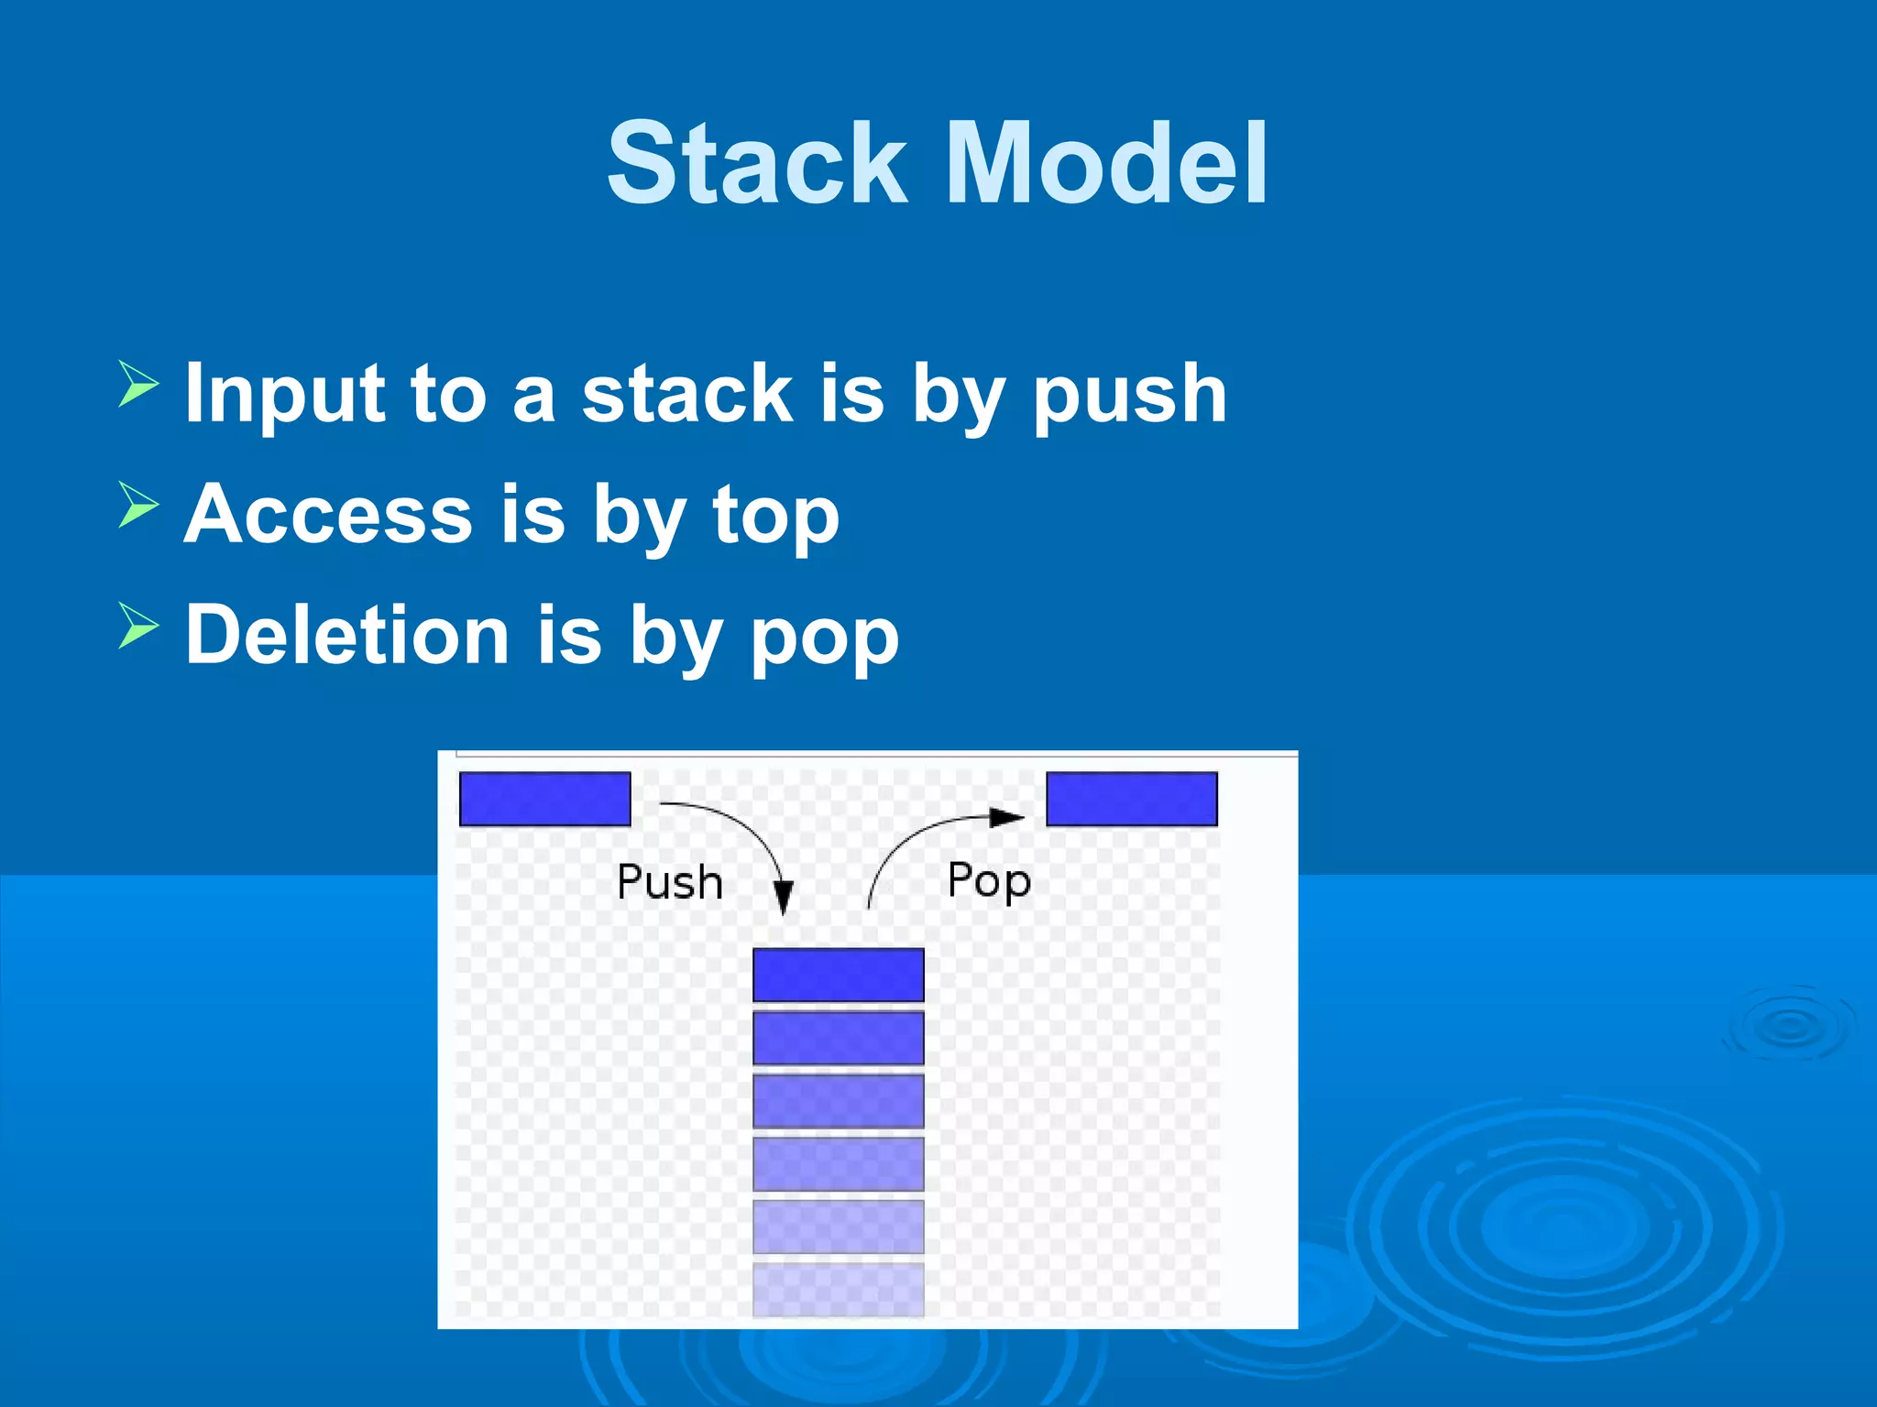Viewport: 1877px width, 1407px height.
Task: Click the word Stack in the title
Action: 757,165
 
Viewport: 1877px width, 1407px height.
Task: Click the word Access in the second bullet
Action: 328,515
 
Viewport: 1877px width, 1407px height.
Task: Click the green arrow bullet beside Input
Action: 138,384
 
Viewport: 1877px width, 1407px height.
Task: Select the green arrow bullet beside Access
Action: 138,505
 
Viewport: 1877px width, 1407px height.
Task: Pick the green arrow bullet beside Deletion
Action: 138,626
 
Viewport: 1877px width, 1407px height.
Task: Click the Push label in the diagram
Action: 670,882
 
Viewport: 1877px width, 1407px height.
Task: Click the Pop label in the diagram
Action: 989,880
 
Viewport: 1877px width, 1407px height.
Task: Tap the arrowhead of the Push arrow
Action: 783,897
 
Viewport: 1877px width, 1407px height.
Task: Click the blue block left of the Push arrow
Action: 544,799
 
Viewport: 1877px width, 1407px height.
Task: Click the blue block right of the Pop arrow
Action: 1132,799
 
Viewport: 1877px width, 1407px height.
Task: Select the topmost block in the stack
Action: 838,975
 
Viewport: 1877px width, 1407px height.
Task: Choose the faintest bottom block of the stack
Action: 838,1289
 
